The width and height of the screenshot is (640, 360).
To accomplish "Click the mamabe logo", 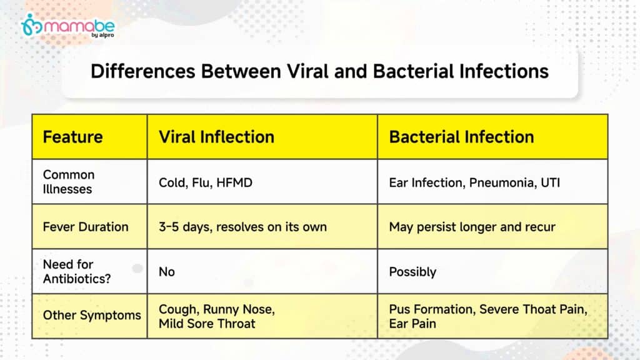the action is (x=67, y=26).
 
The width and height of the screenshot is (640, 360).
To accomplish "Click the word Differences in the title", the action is (x=143, y=71).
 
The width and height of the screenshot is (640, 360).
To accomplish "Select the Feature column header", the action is (x=72, y=137).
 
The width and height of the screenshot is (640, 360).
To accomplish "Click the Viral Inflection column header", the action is (x=216, y=137).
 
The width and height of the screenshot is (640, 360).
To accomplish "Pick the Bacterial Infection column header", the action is (x=461, y=137).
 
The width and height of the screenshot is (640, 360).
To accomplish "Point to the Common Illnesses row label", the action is (x=69, y=182).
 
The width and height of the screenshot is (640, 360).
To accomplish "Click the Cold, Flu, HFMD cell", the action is (x=205, y=182).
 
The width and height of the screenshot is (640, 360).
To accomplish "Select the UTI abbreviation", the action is (x=550, y=182).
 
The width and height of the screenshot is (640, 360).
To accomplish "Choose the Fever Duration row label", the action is (x=85, y=226).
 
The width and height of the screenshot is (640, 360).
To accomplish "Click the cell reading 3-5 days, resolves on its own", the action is (x=242, y=227).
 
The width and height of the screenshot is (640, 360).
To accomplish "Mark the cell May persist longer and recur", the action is (x=472, y=227).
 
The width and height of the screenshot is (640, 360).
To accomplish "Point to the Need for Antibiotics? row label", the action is (x=77, y=271).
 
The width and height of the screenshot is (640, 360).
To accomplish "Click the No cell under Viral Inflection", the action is (x=166, y=272).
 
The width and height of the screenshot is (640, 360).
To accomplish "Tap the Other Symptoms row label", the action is (x=92, y=315).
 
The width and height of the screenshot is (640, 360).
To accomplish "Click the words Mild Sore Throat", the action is (x=206, y=324).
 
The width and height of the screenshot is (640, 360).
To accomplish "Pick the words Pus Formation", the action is (x=432, y=309).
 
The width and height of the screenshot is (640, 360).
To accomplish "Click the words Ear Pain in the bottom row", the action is (x=412, y=324).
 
